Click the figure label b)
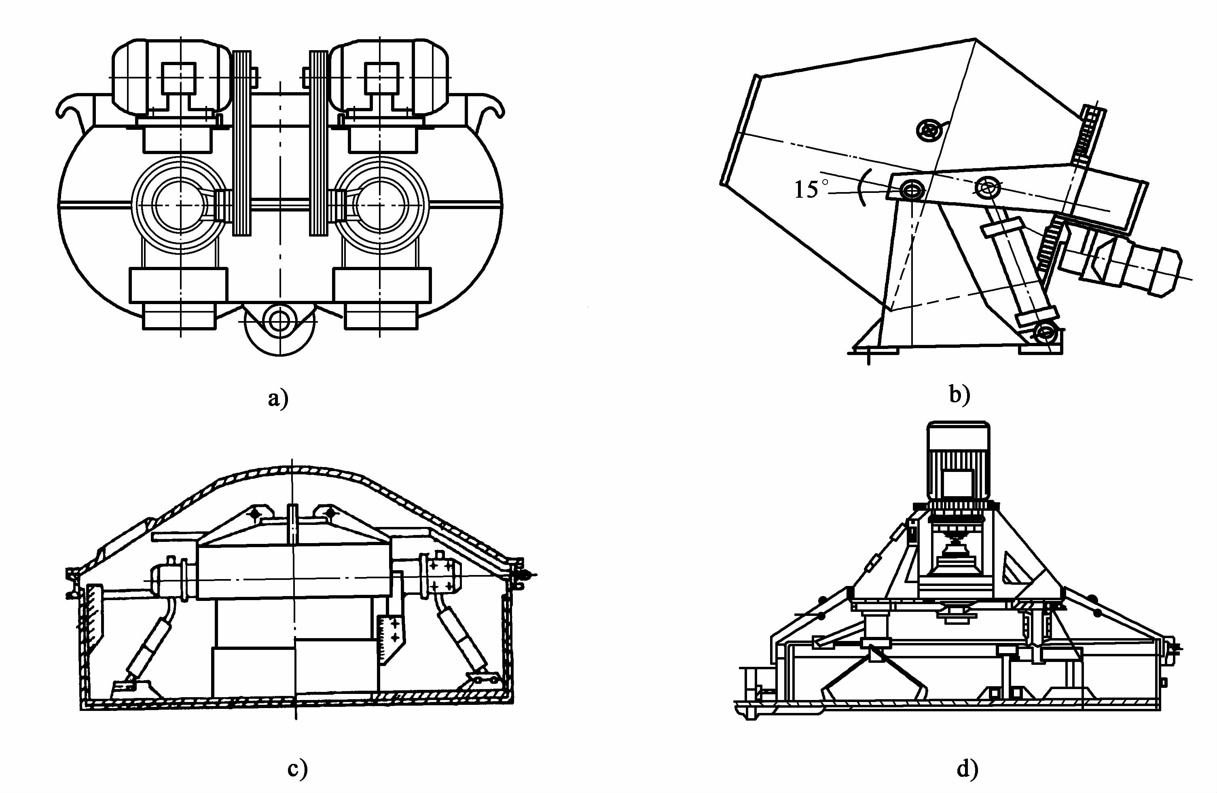959,394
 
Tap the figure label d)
967,768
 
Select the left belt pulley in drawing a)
242,143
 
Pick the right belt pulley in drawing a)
319,143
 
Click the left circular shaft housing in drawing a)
179,205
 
